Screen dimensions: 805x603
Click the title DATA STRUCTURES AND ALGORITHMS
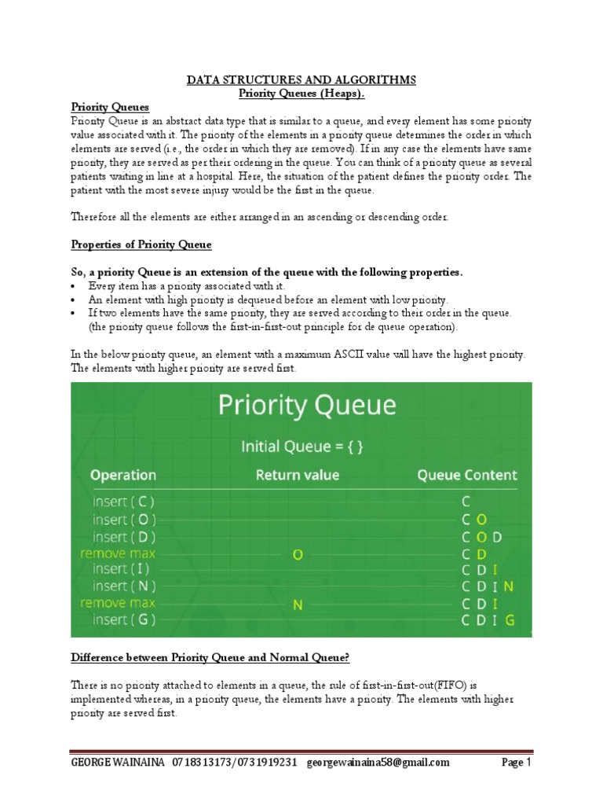click(301, 80)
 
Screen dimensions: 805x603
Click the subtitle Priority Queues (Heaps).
click(301, 94)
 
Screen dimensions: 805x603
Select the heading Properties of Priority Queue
click(141, 244)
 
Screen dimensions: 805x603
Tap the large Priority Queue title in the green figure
click(307, 406)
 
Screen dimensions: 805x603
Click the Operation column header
click(123, 475)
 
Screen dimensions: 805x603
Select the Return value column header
click(298, 475)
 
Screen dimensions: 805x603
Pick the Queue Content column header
click(466, 475)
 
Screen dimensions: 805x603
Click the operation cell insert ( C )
click(123, 502)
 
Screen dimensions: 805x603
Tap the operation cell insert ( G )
click(123, 619)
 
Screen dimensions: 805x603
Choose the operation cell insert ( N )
click(124, 586)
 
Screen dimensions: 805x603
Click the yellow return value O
click(298, 555)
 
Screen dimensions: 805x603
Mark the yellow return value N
click(298, 605)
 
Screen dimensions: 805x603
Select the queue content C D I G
click(488, 620)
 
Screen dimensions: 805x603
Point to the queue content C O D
click(481, 537)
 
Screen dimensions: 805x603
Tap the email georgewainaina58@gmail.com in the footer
click(378, 763)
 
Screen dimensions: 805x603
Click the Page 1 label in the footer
click(517, 763)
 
